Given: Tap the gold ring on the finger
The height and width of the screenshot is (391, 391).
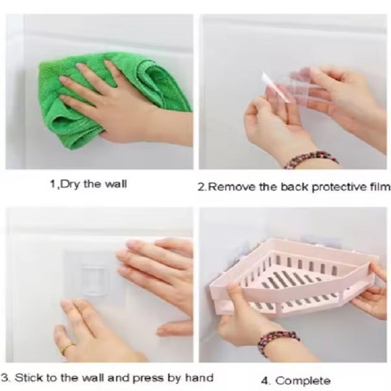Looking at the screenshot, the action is (x=68, y=348).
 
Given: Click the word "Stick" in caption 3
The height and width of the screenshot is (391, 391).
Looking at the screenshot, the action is (x=29, y=378).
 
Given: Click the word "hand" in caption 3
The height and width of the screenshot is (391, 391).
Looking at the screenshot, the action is (x=199, y=377).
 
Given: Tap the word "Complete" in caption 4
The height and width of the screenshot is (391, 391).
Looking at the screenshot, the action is (x=303, y=381).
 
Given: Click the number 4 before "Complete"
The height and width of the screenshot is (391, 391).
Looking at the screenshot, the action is (x=265, y=381).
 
